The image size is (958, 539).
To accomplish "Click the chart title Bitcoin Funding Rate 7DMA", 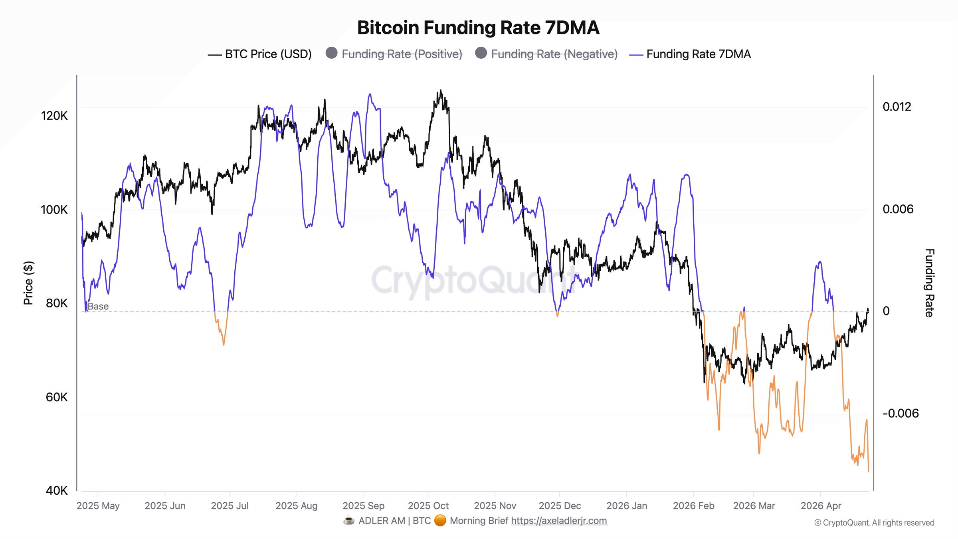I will click(x=478, y=28).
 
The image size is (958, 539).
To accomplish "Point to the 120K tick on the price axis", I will click(x=54, y=116).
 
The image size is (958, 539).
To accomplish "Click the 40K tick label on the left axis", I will click(x=57, y=491).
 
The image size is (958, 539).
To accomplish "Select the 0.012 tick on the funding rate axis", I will click(x=897, y=107).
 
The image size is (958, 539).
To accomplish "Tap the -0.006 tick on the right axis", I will click(x=900, y=413).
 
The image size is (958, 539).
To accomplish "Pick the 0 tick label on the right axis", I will click(x=886, y=311).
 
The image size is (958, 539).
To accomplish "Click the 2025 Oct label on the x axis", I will click(x=428, y=506).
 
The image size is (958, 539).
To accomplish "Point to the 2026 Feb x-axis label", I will click(x=693, y=506).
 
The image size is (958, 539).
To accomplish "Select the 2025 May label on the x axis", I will click(x=98, y=506).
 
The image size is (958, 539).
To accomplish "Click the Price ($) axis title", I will click(x=28, y=283).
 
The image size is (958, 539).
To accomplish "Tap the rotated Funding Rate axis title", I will click(x=929, y=283).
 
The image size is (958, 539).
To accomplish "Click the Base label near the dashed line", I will click(x=98, y=306).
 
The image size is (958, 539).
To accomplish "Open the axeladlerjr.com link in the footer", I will click(x=559, y=521).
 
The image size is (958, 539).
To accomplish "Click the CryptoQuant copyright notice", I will click(x=874, y=523).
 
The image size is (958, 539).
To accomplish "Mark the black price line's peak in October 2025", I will click(x=441, y=91).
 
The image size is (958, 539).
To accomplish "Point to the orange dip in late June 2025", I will click(x=224, y=344).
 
